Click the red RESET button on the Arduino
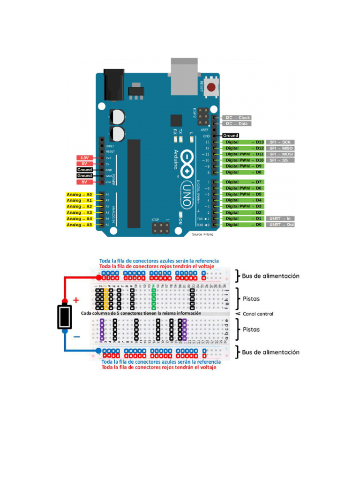point(212,87)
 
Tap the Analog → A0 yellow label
point(79,194)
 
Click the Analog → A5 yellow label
point(79,225)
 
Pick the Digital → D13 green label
point(244,142)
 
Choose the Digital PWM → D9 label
point(244,166)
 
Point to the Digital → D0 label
point(244,225)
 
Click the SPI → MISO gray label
point(280,148)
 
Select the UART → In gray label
point(280,218)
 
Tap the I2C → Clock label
point(237,118)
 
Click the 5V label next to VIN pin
point(84,182)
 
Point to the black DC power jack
point(112,85)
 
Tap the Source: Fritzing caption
point(202,234)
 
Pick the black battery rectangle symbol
point(64,317)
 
